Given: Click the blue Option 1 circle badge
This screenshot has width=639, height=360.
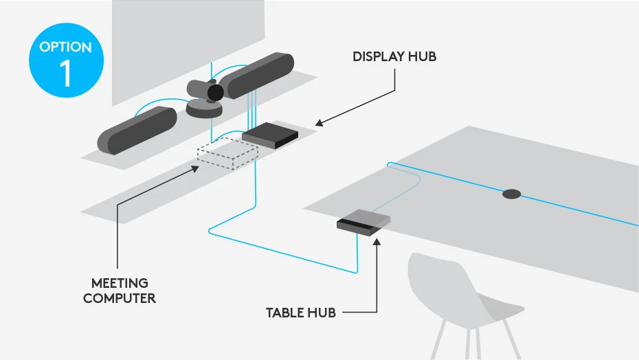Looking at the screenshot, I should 66,62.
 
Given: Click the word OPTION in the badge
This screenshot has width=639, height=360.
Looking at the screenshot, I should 66,47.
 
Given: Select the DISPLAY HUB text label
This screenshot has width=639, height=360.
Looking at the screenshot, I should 394,57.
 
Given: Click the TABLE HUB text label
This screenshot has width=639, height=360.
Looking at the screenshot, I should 301,313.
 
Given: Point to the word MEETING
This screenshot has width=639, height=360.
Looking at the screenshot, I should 120,283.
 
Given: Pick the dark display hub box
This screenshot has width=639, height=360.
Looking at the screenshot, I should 270,135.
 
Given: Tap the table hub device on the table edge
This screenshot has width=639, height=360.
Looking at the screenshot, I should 363,222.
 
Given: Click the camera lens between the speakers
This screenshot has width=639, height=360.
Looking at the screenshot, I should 215,93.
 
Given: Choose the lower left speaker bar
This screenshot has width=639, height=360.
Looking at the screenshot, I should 137,130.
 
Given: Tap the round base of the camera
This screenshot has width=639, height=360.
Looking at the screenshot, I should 204,109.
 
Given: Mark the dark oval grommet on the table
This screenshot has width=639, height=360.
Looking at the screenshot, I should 511,194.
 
